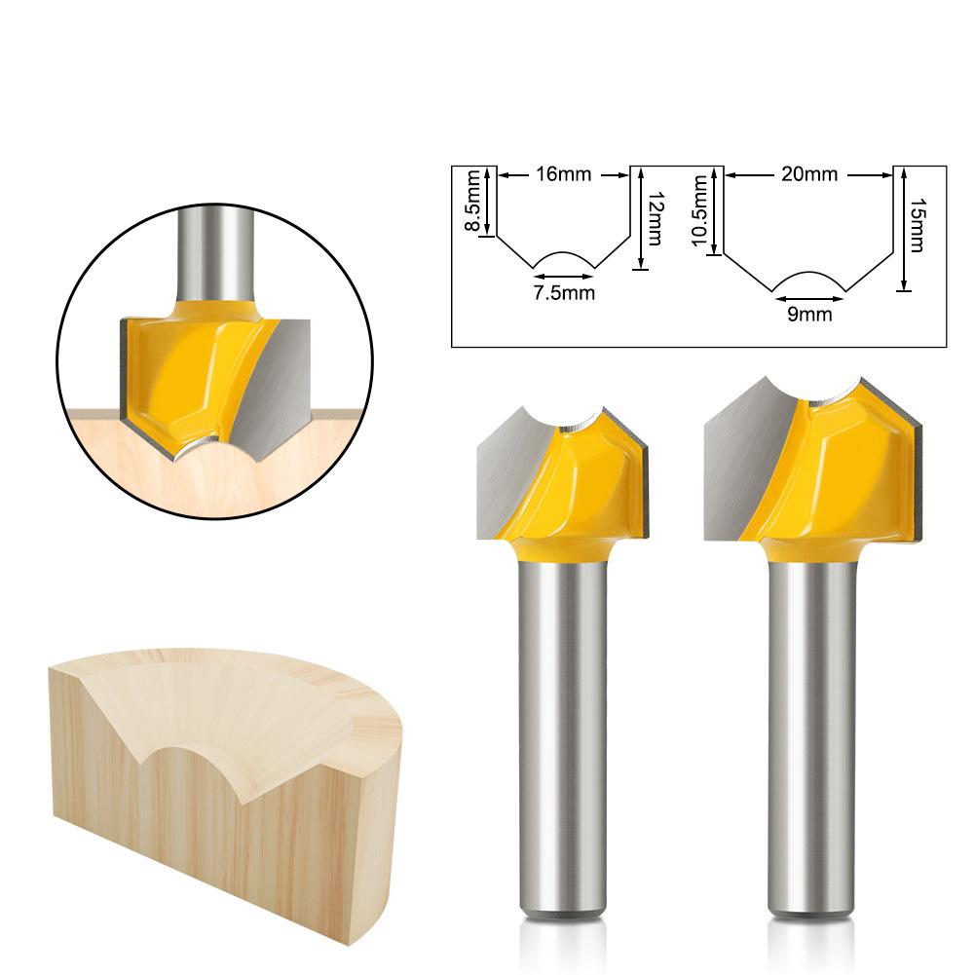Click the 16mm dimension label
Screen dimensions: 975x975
(563, 174)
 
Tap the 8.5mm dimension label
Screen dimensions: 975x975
(473, 201)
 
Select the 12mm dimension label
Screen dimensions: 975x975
(655, 218)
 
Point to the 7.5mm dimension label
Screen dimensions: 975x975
(564, 292)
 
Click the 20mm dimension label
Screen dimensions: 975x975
(809, 174)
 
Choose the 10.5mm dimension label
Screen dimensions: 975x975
(700, 210)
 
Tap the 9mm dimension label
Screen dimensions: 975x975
(809, 314)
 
